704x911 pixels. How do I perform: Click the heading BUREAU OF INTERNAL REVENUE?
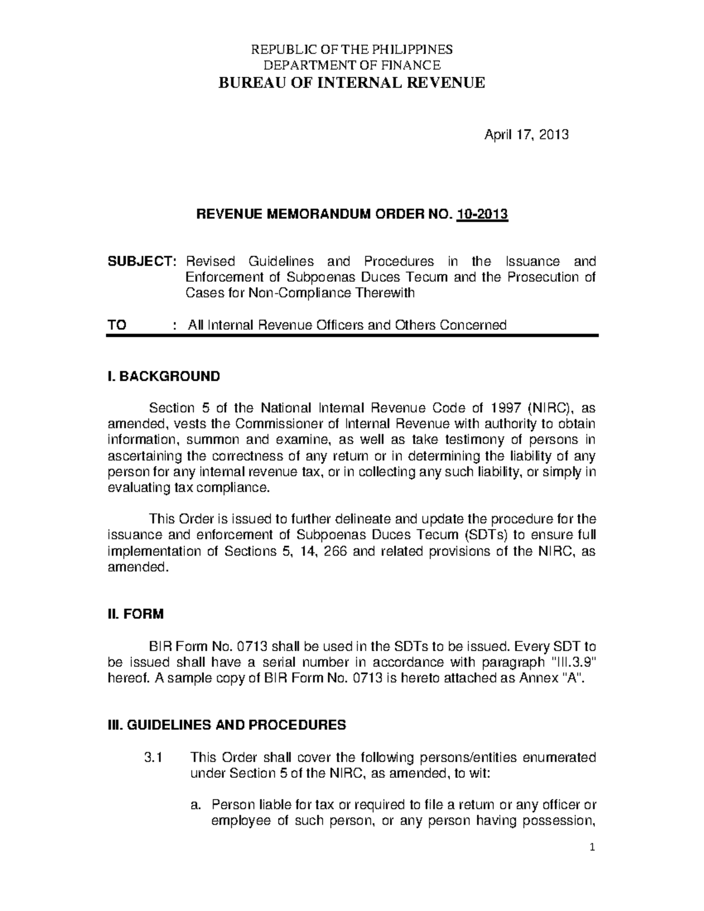[x=351, y=83]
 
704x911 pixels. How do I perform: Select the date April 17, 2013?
[x=526, y=135]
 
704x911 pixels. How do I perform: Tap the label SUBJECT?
[x=141, y=261]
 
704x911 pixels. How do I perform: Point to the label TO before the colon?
[x=117, y=325]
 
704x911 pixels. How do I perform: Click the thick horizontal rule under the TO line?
[x=351, y=336]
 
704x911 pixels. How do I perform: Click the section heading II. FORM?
[x=136, y=614]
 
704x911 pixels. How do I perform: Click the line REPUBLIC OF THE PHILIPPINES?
[x=351, y=49]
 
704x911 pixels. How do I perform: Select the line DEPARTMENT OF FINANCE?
[x=351, y=65]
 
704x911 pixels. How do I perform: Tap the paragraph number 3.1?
[x=152, y=757]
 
